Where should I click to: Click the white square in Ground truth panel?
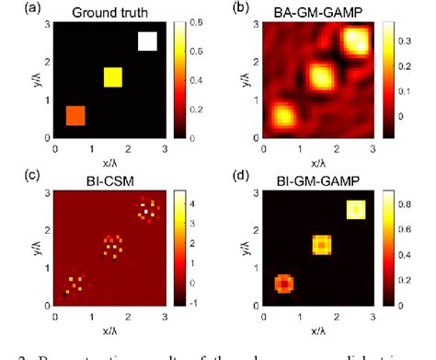point(147,41)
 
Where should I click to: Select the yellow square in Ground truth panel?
point(112,77)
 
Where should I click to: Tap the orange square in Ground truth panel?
point(75,114)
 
